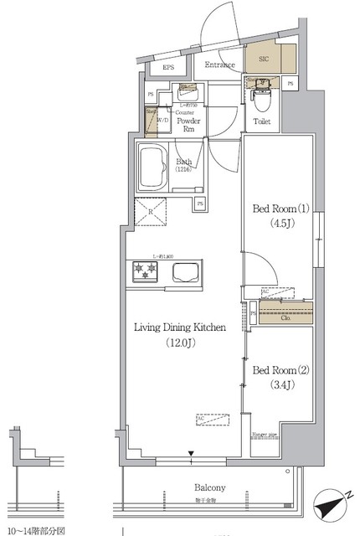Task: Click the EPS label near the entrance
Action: [x=168, y=67]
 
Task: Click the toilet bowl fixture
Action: [x=260, y=103]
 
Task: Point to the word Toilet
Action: [x=261, y=121]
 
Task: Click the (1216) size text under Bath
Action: [x=183, y=170]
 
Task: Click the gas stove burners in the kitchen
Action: [x=145, y=271]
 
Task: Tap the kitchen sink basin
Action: [x=185, y=271]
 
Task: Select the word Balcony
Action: [x=210, y=487]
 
